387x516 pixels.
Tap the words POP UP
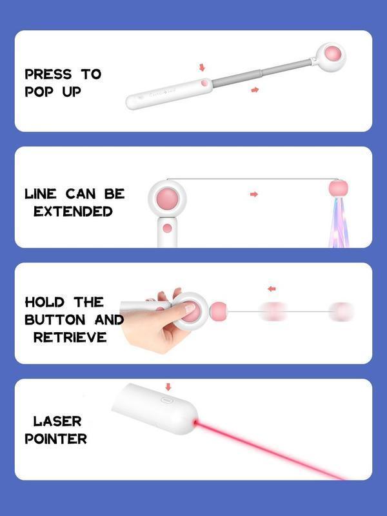pyautogui.click(x=53, y=92)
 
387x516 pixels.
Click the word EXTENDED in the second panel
pyautogui.click(x=73, y=212)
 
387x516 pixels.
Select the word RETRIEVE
pyautogui.click(x=70, y=337)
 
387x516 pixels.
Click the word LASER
pyautogui.click(x=57, y=422)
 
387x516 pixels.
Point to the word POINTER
pyautogui.click(x=56, y=439)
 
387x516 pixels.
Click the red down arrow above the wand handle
pyautogui.click(x=202, y=67)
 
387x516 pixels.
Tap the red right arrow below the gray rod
pyautogui.click(x=255, y=90)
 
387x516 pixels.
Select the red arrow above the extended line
pyautogui.click(x=253, y=194)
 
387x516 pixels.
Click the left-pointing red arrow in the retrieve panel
pyautogui.click(x=272, y=288)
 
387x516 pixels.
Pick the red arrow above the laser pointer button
pyautogui.click(x=168, y=387)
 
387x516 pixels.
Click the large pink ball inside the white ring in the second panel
pyautogui.click(x=168, y=197)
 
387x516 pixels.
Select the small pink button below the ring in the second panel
pyautogui.click(x=167, y=228)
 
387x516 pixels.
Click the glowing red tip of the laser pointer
pyautogui.click(x=197, y=422)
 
